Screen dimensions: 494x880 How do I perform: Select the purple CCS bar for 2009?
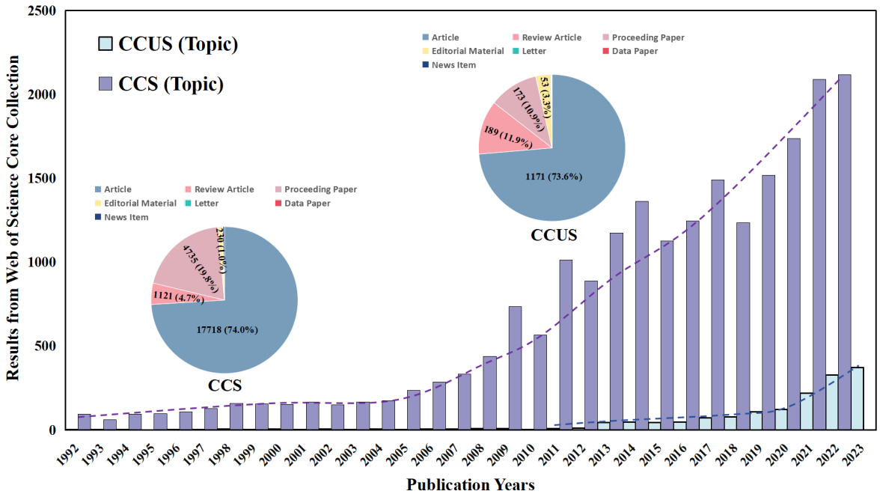[x=515, y=368]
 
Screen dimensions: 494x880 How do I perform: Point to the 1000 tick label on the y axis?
[x=42, y=263]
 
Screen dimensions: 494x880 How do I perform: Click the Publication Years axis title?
[x=471, y=484]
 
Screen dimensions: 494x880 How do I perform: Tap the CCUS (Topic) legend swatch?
[x=106, y=44]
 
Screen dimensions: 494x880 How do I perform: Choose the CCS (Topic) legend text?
[x=171, y=84]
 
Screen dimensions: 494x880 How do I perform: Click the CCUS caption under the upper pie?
[x=554, y=235]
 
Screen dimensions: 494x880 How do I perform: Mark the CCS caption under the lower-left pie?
[x=224, y=386]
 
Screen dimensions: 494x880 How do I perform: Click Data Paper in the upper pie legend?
[x=636, y=51]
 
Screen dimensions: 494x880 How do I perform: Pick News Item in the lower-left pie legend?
[x=126, y=217]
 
